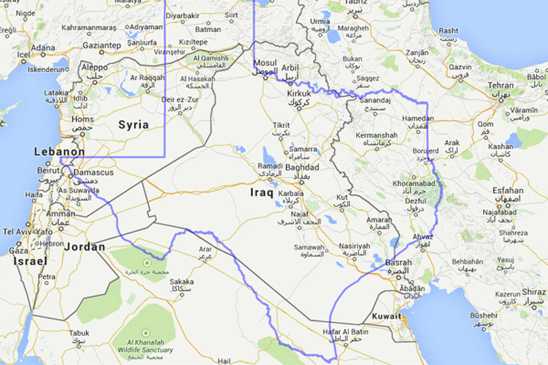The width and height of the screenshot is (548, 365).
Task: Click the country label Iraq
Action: [262, 193]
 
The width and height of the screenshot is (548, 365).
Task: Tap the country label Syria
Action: [133, 125]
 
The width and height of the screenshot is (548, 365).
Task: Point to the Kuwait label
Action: [386, 316]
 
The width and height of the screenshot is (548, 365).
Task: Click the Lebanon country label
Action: [59, 152]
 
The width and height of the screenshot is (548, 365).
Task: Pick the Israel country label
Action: [30, 261]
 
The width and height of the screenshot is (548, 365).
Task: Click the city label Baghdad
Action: [301, 168]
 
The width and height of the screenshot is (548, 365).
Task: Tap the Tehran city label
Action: [501, 85]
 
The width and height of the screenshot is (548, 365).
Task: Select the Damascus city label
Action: [93, 173]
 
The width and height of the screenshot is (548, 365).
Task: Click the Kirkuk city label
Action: [299, 94]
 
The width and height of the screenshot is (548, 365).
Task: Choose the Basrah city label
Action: [398, 263]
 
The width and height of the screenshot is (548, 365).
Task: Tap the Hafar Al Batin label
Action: [345, 332]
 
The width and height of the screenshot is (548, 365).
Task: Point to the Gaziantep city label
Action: [101, 46]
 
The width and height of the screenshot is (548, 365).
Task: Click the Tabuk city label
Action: [79, 333]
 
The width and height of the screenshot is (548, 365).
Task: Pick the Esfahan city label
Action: [508, 191]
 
